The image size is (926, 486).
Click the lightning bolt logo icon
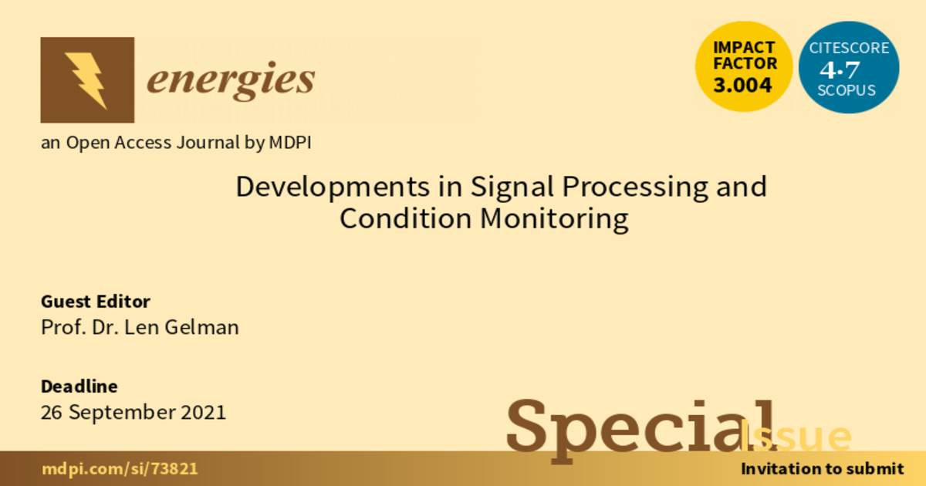tap(87, 79)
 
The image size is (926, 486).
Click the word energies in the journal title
tap(231, 81)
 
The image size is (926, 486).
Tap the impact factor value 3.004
tap(742, 85)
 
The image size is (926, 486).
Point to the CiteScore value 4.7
tap(840, 69)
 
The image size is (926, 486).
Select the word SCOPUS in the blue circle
tap(847, 90)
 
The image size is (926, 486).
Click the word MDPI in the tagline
tap(290, 143)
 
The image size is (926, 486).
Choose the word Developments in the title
tap(333, 187)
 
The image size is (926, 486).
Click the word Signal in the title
tap(512, 187)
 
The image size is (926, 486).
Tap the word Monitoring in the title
tap(554, 219)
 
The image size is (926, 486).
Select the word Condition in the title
tap(406, 218)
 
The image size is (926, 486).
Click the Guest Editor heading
tap(96, 302)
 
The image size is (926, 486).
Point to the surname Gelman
tap(201, 327)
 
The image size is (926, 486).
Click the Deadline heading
tap(79, 386)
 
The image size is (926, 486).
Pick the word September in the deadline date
tap(122, 413)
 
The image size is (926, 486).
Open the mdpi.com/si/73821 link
tap(120, 469)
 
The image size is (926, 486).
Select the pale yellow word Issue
tap(796, 436)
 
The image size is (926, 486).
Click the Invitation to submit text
tap(823, 469)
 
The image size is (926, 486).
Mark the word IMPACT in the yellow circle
tap(744, 48)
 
